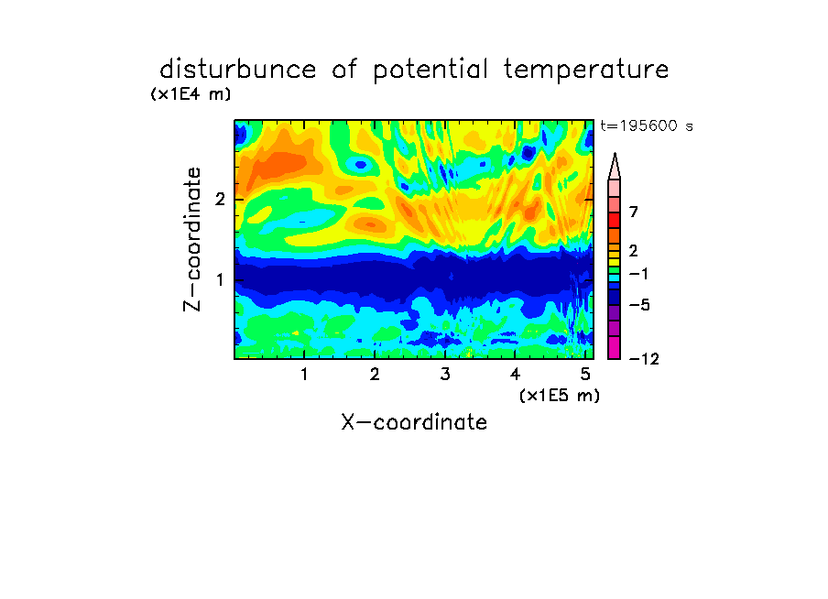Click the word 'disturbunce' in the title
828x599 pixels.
[x=237, y=69]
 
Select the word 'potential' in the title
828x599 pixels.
[x=430, y=71]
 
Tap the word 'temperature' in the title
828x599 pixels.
[x=586, y=71]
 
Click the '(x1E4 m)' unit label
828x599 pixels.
[x=191, y=94]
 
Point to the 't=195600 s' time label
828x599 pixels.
[x=647, y=125]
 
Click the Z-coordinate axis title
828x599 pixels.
[x=192, y=239]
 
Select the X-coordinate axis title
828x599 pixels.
[x=414, y=422]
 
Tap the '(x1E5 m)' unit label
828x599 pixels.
[x=560, y=395]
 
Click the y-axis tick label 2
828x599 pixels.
[x=220, y=200]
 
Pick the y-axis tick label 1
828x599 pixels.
[x=220, y=280]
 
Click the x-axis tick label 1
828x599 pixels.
[x=304, y=375]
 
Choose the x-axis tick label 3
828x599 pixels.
[x=445, y=375]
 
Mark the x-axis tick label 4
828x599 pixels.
[x=516, y=375]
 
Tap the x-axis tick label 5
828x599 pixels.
[x=585, y=375]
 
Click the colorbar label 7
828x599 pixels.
[x=634, y=212]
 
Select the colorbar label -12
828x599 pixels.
[x=644, y=359]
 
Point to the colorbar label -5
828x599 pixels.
[x=639, y=305]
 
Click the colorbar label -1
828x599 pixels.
[x=638, y=274]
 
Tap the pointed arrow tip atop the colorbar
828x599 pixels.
[x=615, y=154]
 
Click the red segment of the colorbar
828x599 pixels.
[x=615, y=220]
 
